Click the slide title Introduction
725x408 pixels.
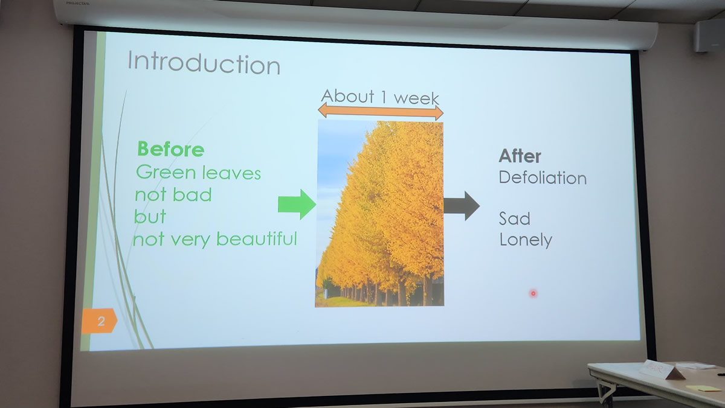(204, 63)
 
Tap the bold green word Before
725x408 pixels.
(171, 149)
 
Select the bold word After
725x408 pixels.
(520, 156)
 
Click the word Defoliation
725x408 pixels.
(543, 178)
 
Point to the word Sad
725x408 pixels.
(515, 218)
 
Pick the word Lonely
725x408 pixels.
(526, 240)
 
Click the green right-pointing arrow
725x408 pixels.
(297, 205)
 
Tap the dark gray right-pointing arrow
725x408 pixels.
(462, 206)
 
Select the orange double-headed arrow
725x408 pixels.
(381, 112)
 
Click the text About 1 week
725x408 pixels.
(380, 97)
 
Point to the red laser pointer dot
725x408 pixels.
(533, 293)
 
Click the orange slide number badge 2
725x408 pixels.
(99, 320)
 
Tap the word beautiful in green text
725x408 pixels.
(257, 239)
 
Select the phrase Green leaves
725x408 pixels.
(198, 173)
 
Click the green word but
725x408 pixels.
(150, 216)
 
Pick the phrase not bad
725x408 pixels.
(173, 194)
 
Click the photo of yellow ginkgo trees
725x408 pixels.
(379, 214)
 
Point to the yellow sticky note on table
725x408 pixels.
(701, 388)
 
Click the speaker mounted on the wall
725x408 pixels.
(710, 35)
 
